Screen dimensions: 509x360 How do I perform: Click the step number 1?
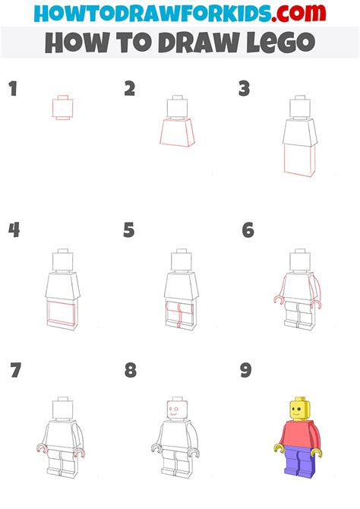point(13,90)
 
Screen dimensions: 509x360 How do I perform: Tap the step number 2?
point(130,90)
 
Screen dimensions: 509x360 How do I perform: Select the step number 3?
point(244,90)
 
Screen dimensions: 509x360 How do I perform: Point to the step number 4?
point(14,229)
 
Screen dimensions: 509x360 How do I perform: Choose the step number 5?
point(129,229)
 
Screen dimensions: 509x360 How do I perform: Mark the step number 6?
point(248,229)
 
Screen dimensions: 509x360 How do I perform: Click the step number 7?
point(15,371)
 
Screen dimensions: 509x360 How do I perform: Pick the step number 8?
point(131,371)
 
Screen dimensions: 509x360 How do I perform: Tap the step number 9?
point(246,371)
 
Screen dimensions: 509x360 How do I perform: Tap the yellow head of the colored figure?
point(298,411)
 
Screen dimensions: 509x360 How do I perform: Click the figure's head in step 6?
point(297,261)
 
